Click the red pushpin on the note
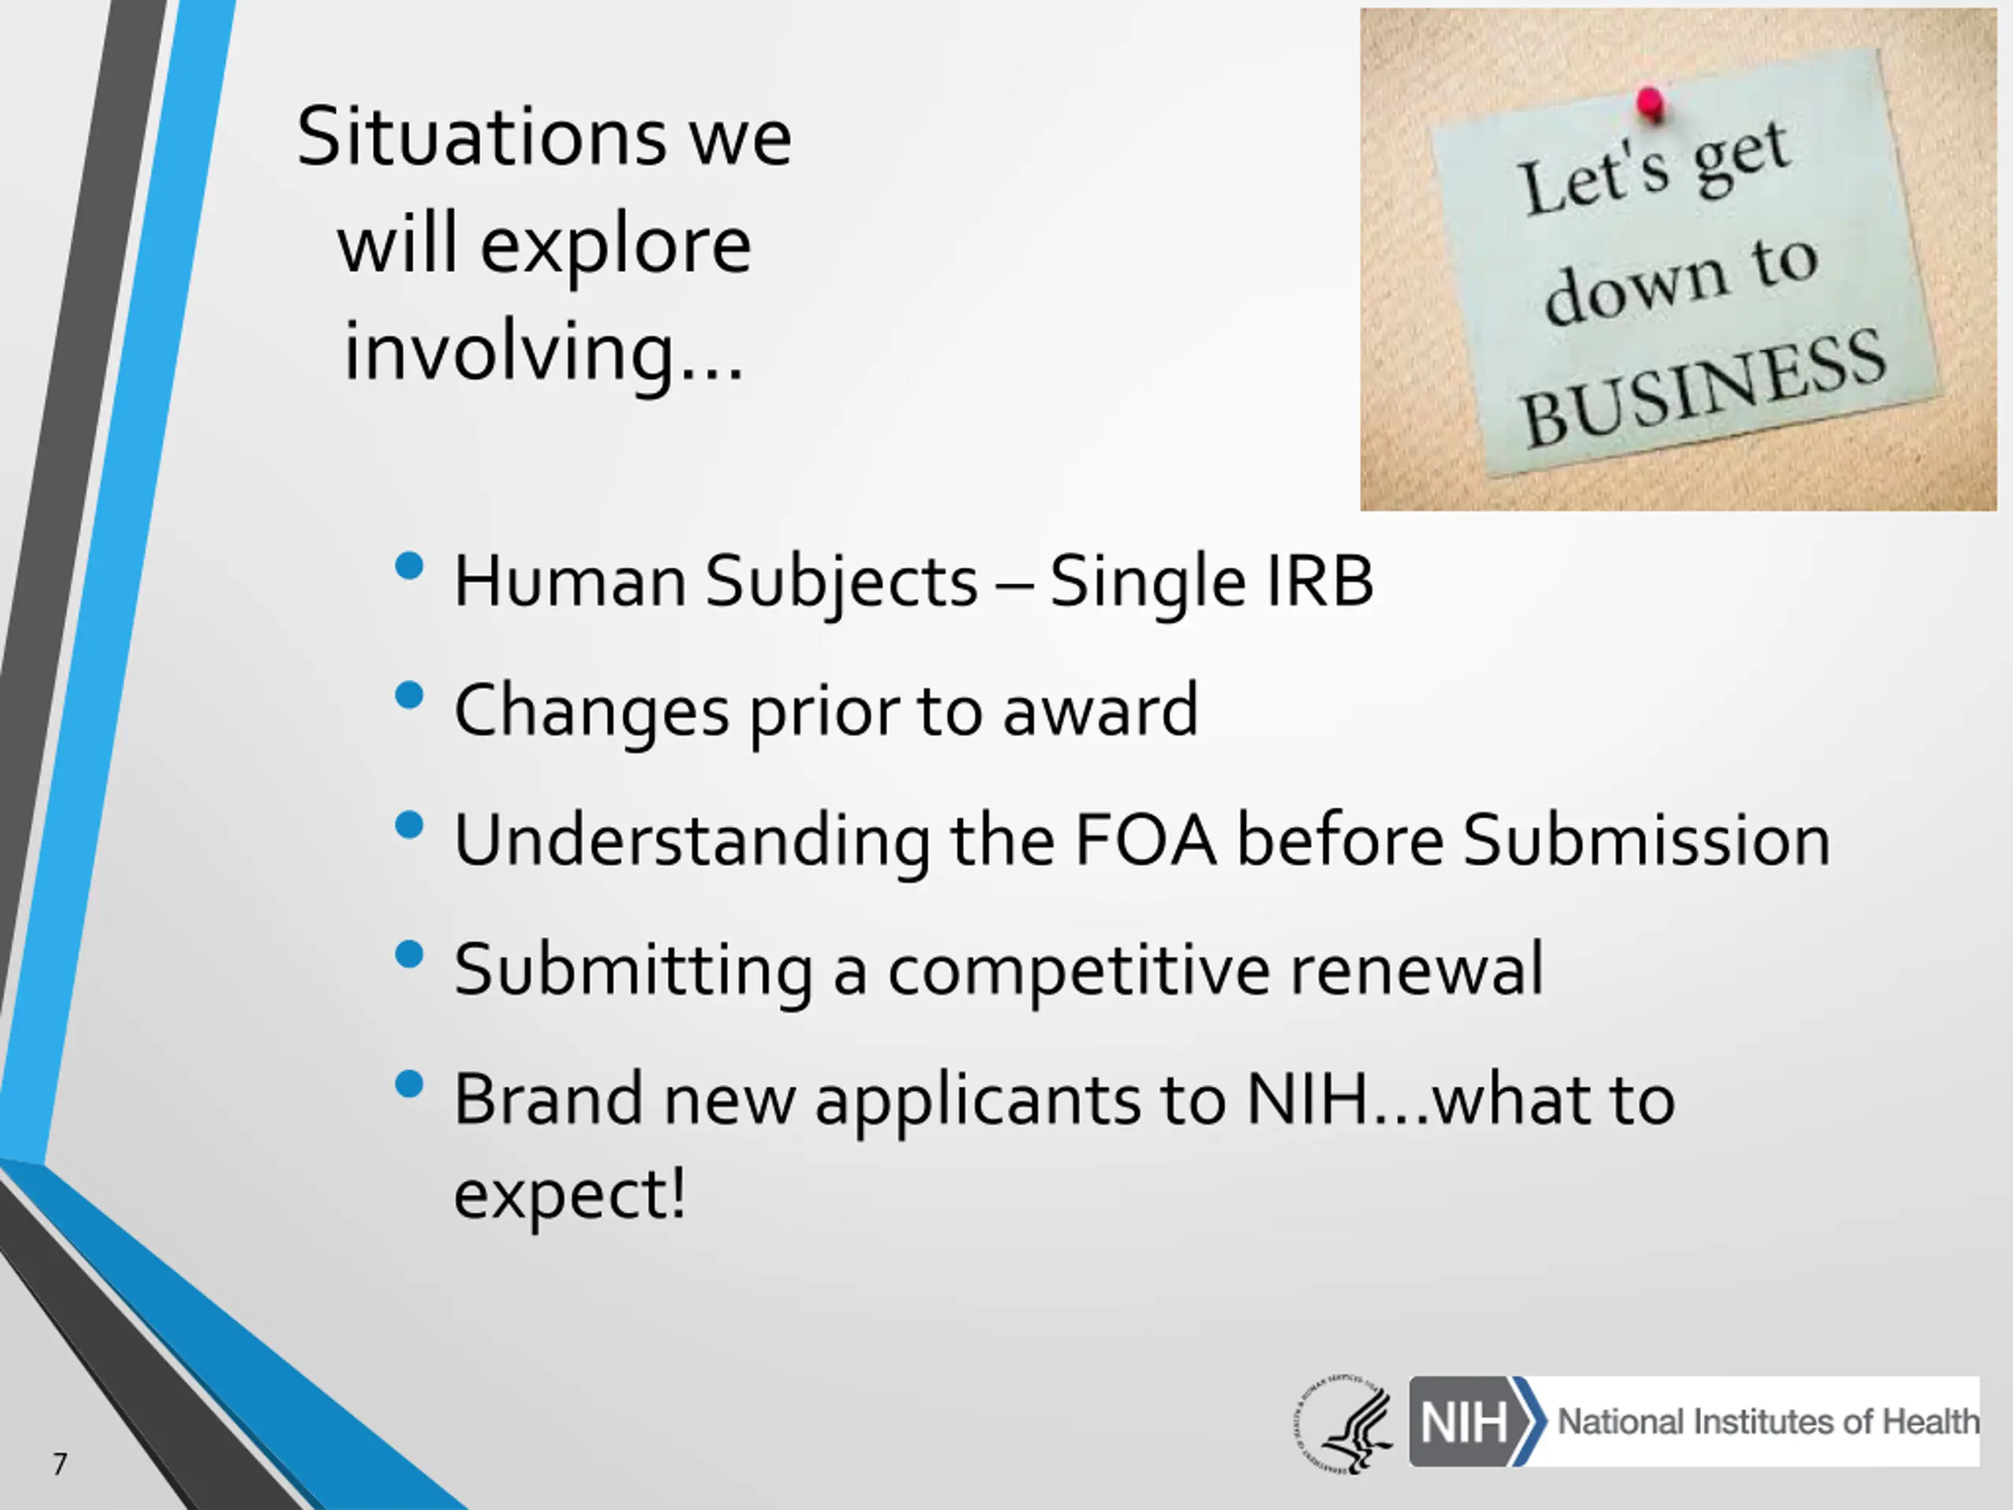click(x=1650, y=102)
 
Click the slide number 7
click(x=60, y=1464)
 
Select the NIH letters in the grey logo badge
click(x=1463, y=1422)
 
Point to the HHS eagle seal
click(x=1344, y=1423)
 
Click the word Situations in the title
click(x=480, y=137)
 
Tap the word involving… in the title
click(x=543, y=352)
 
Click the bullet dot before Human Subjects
click(x=410, y=566)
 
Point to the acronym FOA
click(x=1145, y=838)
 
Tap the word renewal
click(x=1417, y=968)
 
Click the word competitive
click(x=1078, y=970)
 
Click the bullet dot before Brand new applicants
click(x=410, y=1084)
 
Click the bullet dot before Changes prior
click(x=410, y=696)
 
